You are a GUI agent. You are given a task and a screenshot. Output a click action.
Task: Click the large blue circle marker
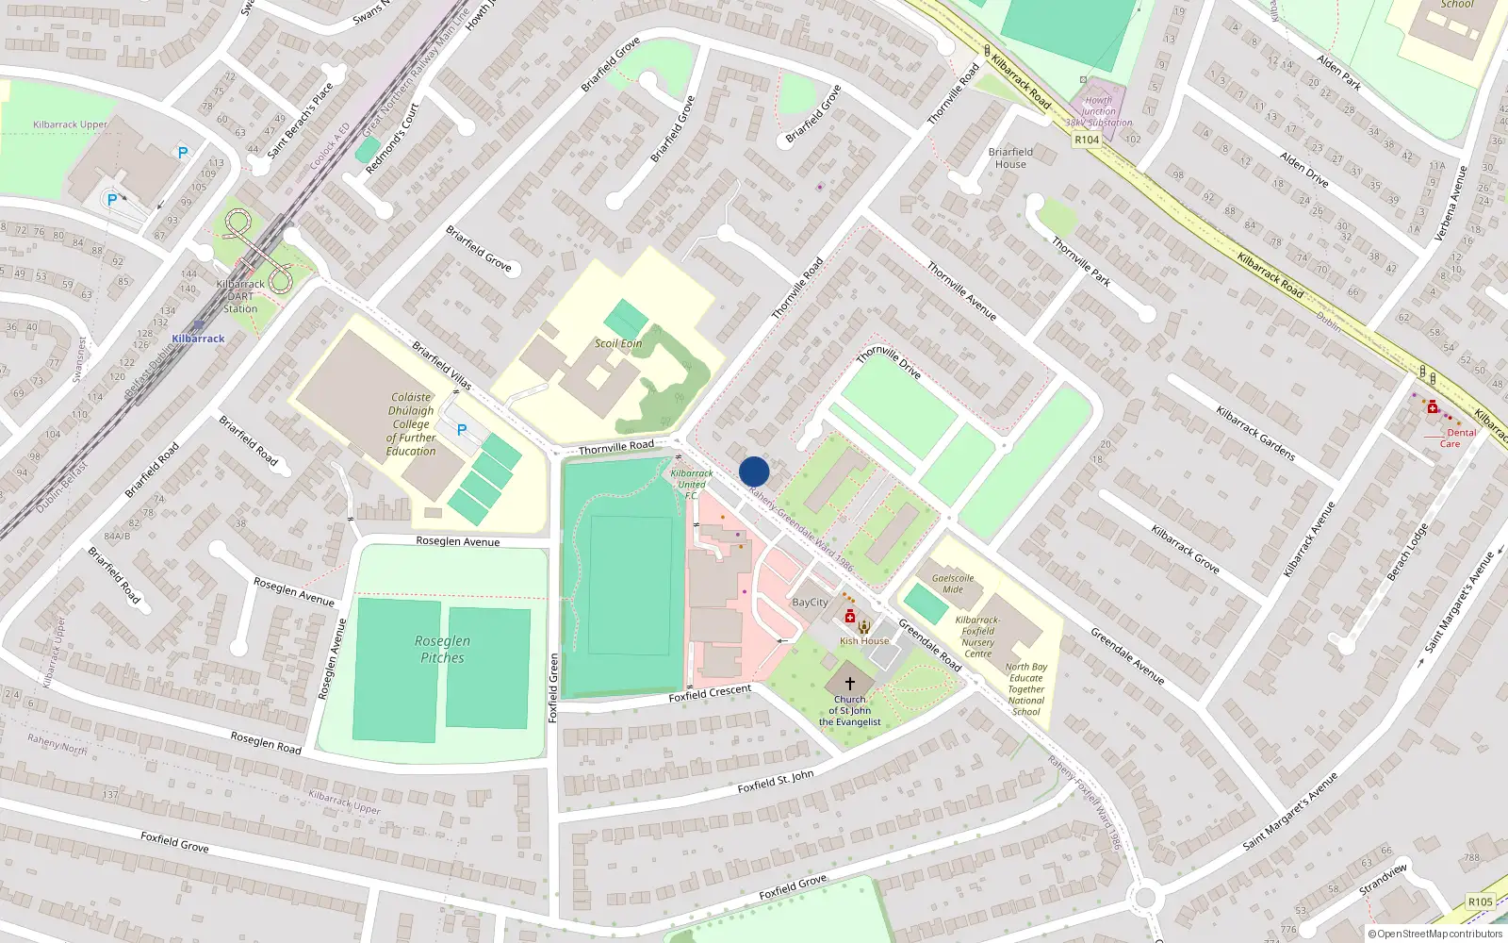tap(754, 471)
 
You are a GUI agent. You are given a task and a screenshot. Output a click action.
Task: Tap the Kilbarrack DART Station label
tap(240, 296)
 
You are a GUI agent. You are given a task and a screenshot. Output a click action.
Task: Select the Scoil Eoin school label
tap(618, 343)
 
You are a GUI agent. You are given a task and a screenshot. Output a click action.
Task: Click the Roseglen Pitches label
tap(442, 649)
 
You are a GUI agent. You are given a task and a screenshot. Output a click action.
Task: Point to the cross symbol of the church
tap(849, 683)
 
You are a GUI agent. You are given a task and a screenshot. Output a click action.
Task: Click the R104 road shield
tap(1087, 140)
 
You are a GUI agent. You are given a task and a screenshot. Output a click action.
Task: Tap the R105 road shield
tap(1481, 902)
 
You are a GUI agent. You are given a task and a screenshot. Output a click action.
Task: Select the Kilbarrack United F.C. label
tap(692, 484)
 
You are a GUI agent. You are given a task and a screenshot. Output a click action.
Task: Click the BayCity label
tap(811, 602)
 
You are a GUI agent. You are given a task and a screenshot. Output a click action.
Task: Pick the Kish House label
tap(864, 641)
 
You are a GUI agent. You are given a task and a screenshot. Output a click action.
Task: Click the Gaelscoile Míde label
tap(953, 584)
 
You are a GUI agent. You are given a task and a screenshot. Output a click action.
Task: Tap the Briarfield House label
tap(1010, 157)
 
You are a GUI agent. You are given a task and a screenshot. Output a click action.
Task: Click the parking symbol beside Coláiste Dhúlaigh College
tap(462, 430)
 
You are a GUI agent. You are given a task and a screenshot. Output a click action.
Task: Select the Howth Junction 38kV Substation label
tap(1099, 111)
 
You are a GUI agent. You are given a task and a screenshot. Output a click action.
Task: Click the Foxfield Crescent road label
tap(710, 693)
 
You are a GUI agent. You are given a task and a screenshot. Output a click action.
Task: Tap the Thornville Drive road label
tap(888, 362)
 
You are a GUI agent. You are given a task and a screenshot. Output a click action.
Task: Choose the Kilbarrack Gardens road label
tap(1255, 434)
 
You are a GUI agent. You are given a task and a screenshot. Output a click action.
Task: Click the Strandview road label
tap(1383, 879)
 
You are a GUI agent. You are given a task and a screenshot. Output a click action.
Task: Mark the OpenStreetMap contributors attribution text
tap(1434, 934)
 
